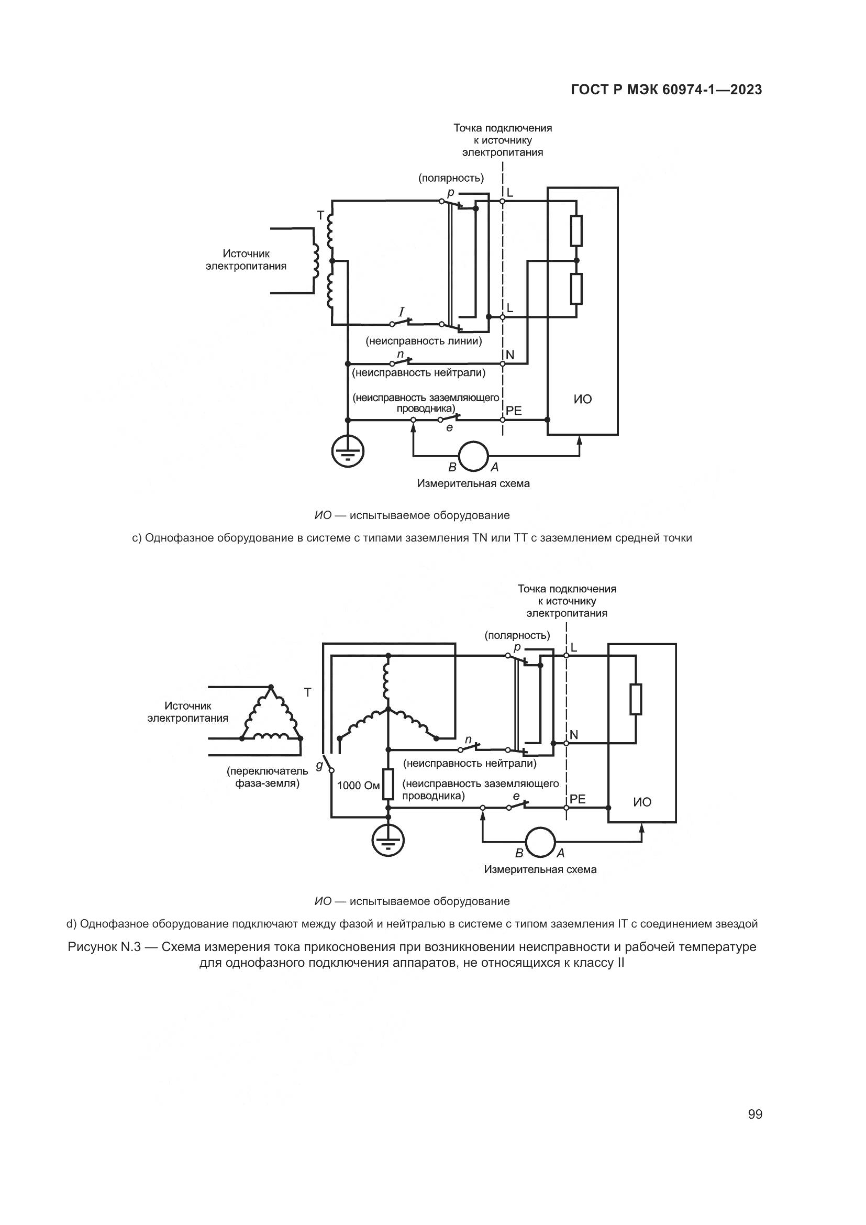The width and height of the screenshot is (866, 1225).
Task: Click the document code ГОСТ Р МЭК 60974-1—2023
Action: coord(667,90)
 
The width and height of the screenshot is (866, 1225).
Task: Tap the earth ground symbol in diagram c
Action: coord(348,452)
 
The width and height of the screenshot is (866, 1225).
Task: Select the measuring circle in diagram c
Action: coord(473,456)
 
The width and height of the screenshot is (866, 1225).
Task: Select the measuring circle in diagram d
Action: coord(540,843)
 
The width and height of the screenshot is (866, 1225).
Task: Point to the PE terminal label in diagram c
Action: coord(514,411)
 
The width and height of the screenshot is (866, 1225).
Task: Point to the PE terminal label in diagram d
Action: coord(578,799)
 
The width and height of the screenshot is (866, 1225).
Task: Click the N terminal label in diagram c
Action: coord(510,355)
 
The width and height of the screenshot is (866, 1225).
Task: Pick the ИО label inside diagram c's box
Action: coord(583,399)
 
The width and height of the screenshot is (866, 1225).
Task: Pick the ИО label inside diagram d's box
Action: coord(642,802)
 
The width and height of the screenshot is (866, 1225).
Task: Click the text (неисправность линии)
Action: coord(424,341)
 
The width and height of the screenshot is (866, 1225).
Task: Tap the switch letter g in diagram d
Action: coord(319,765)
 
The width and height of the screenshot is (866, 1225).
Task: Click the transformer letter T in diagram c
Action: coord(320,215)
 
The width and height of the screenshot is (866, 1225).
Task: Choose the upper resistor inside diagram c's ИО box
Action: coord(576,230)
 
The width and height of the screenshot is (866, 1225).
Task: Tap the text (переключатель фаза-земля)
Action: coord(267,777)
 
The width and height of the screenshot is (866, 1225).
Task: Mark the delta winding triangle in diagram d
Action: coord(271,714)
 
